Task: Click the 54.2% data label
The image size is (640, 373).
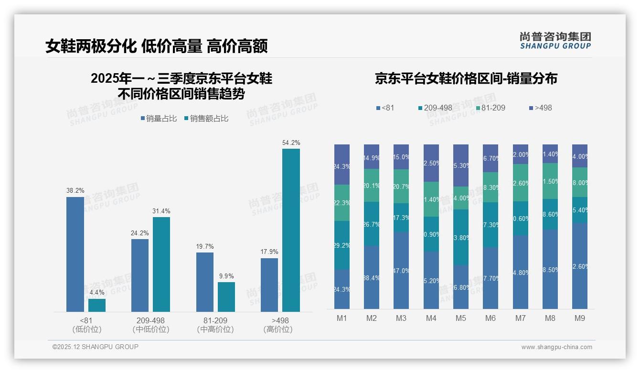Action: [x=291, y=143]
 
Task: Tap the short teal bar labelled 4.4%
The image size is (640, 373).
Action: [x=97, y=305]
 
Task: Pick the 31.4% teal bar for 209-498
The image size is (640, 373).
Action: [x=161, y=264]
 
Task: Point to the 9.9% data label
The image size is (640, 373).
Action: [x=226, y=276]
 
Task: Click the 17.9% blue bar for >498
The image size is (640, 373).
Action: [x=269, y=285]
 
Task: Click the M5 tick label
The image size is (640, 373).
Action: [x=460, y=318]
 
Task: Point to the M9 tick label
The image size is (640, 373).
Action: [x=579, y=318]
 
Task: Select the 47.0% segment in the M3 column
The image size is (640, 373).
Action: [x=401, y=270]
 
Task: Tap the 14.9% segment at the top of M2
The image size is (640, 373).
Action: [x=372, y=157]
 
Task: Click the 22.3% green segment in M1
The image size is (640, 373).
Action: [x=342, y=203]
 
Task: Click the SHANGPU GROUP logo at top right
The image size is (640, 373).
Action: [x=555, y=41]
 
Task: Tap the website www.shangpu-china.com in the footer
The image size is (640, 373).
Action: [x=556, y=347]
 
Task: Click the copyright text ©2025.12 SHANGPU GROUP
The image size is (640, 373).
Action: [x=96, y=347]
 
